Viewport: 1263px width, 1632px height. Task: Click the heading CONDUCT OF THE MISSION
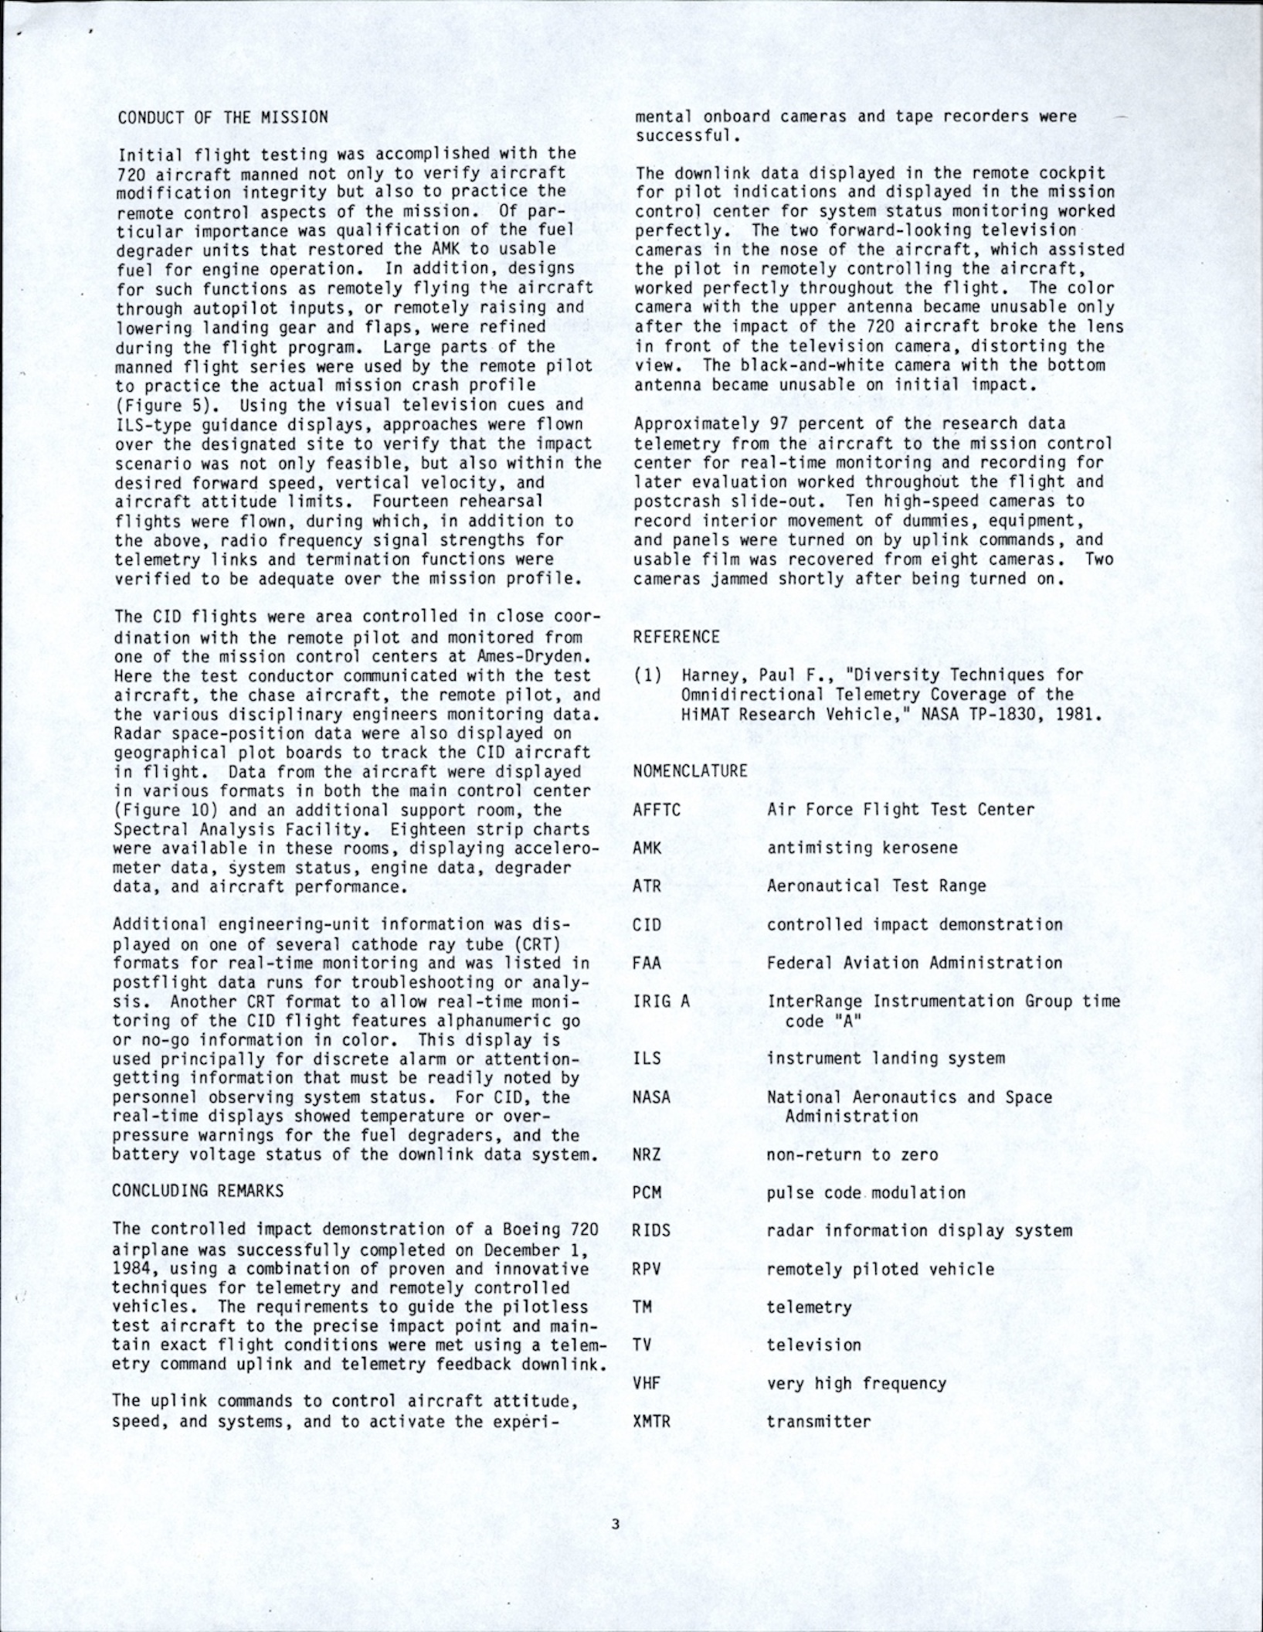click(222, 117)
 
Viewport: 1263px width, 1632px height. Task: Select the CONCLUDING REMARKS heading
click(199, 1191)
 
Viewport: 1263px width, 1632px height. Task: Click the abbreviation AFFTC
click(656, 809)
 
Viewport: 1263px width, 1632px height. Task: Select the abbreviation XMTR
click(651, 1421)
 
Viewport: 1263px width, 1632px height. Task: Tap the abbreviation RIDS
click(651, 1230)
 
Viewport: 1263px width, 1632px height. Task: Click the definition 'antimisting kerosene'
click(862, 848)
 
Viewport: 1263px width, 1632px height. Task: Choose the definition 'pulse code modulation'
click(866, 1192)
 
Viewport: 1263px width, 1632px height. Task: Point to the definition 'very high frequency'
click(856, 1383)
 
